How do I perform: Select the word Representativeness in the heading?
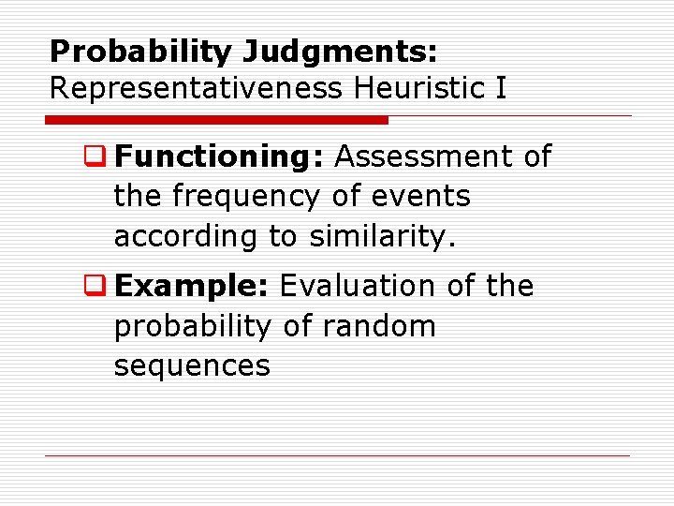coord(195,88)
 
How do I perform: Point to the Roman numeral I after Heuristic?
coord(501,88)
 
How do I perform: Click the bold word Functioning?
coord(220,157)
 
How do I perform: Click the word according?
coord(186,237)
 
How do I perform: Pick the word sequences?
coord(192,365)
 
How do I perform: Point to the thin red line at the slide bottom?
coord(337,456)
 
